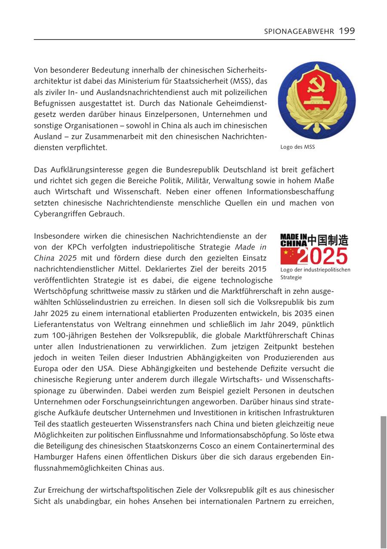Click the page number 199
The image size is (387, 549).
pyautogui.click(x=347, y=31)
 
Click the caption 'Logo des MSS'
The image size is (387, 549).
pyautogui.click(x=298, y=147)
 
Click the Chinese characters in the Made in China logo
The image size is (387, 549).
pyautogui.click(x=328, y=240)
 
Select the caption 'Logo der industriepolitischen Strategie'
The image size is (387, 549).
pyautogui.click(x=315, y=273)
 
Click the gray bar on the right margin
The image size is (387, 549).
pyautogui.click(x=384, y=482)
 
